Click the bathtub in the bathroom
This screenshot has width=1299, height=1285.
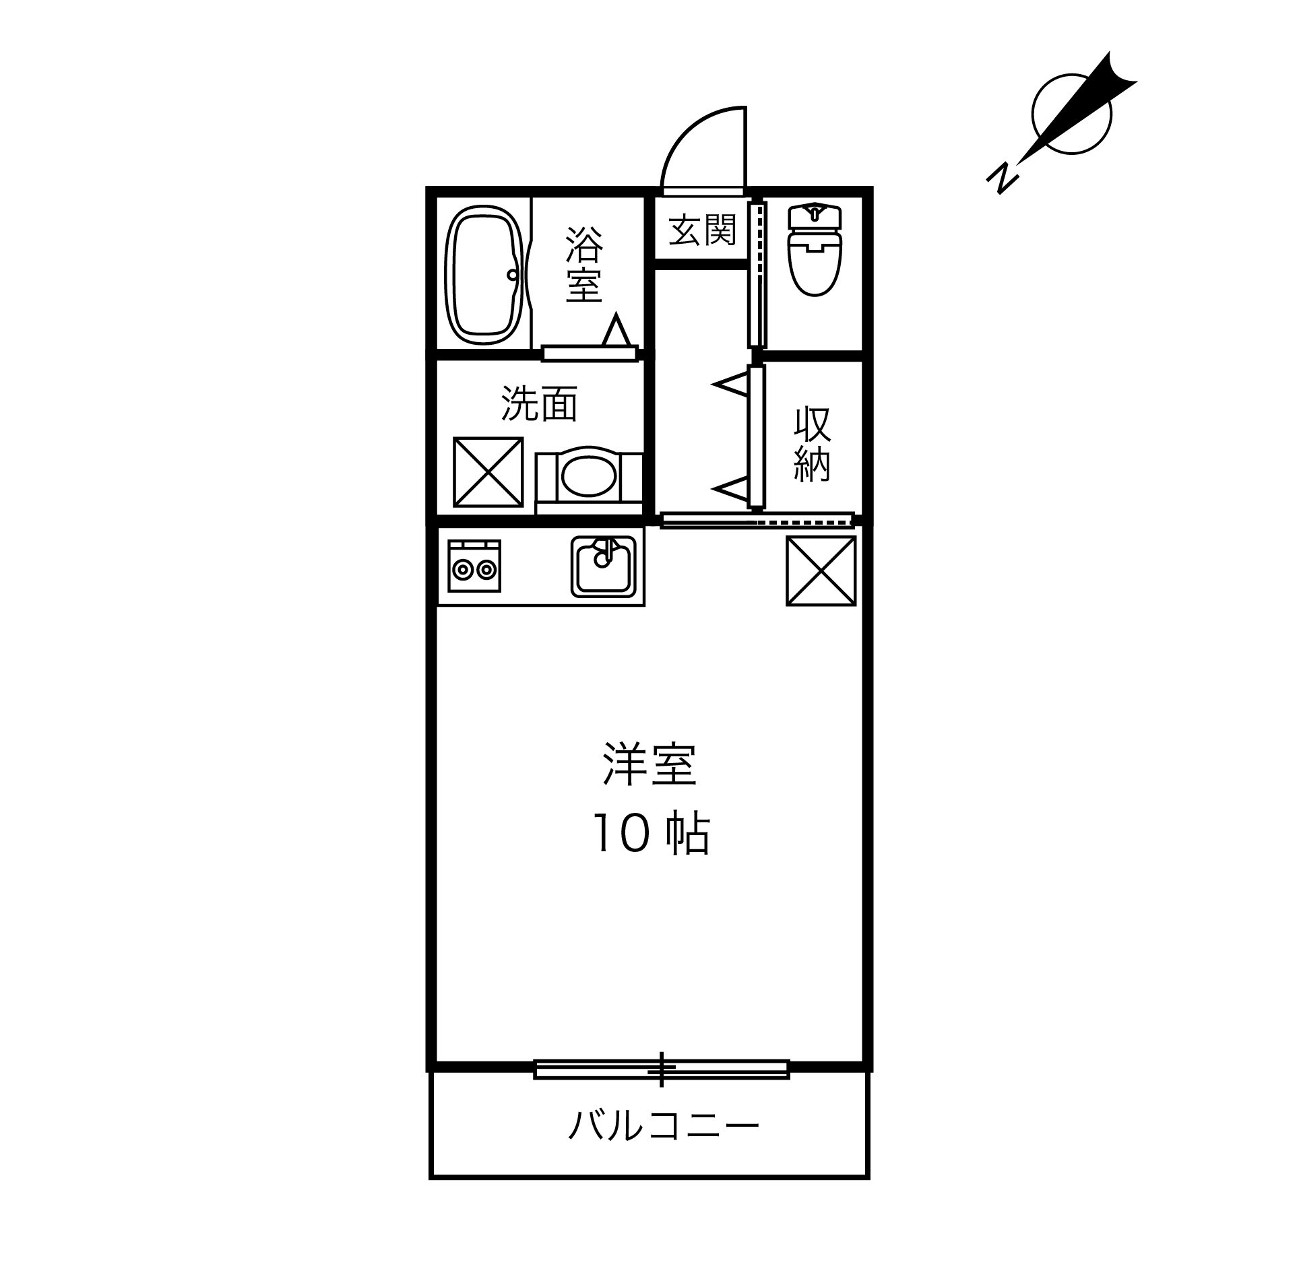click(x=484, y=275)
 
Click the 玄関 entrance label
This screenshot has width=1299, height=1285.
click(x=702, y=230)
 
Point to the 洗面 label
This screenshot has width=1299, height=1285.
click(x=539, y=404)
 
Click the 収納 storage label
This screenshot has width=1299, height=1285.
click(x=812, y=444)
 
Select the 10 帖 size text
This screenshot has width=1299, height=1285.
click(x=650, y=834)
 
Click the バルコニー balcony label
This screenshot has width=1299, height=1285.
click(x=664, y=1126)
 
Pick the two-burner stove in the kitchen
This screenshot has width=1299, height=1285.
click(x=474, y=566)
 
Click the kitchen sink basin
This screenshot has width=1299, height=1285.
click(x=604, y=566)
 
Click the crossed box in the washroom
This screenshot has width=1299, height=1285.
click(x=488, y=471)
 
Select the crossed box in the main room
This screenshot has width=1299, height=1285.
click(x=821, y=570)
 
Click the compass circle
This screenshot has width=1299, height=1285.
click(x=1071, y=114)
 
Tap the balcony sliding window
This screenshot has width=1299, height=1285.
click(x=661, y=1069)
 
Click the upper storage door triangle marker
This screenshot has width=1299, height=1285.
click(x=733, y=386)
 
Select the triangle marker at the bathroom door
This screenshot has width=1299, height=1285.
click(x=616, y=331)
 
